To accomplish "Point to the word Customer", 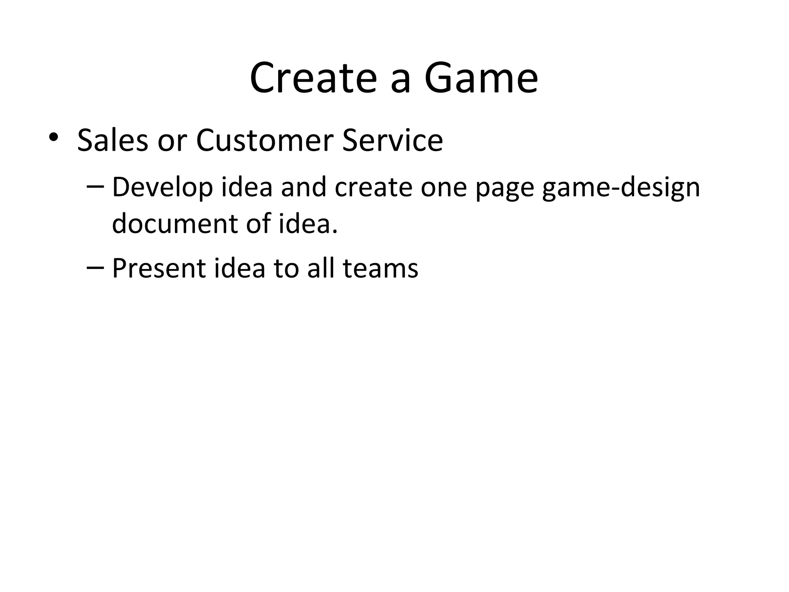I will pyautogui.click(x=264, y=140).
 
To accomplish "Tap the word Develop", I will pyautogui.click(x=162, y=188).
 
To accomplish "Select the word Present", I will pyautogui.click(x=159, y=268).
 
